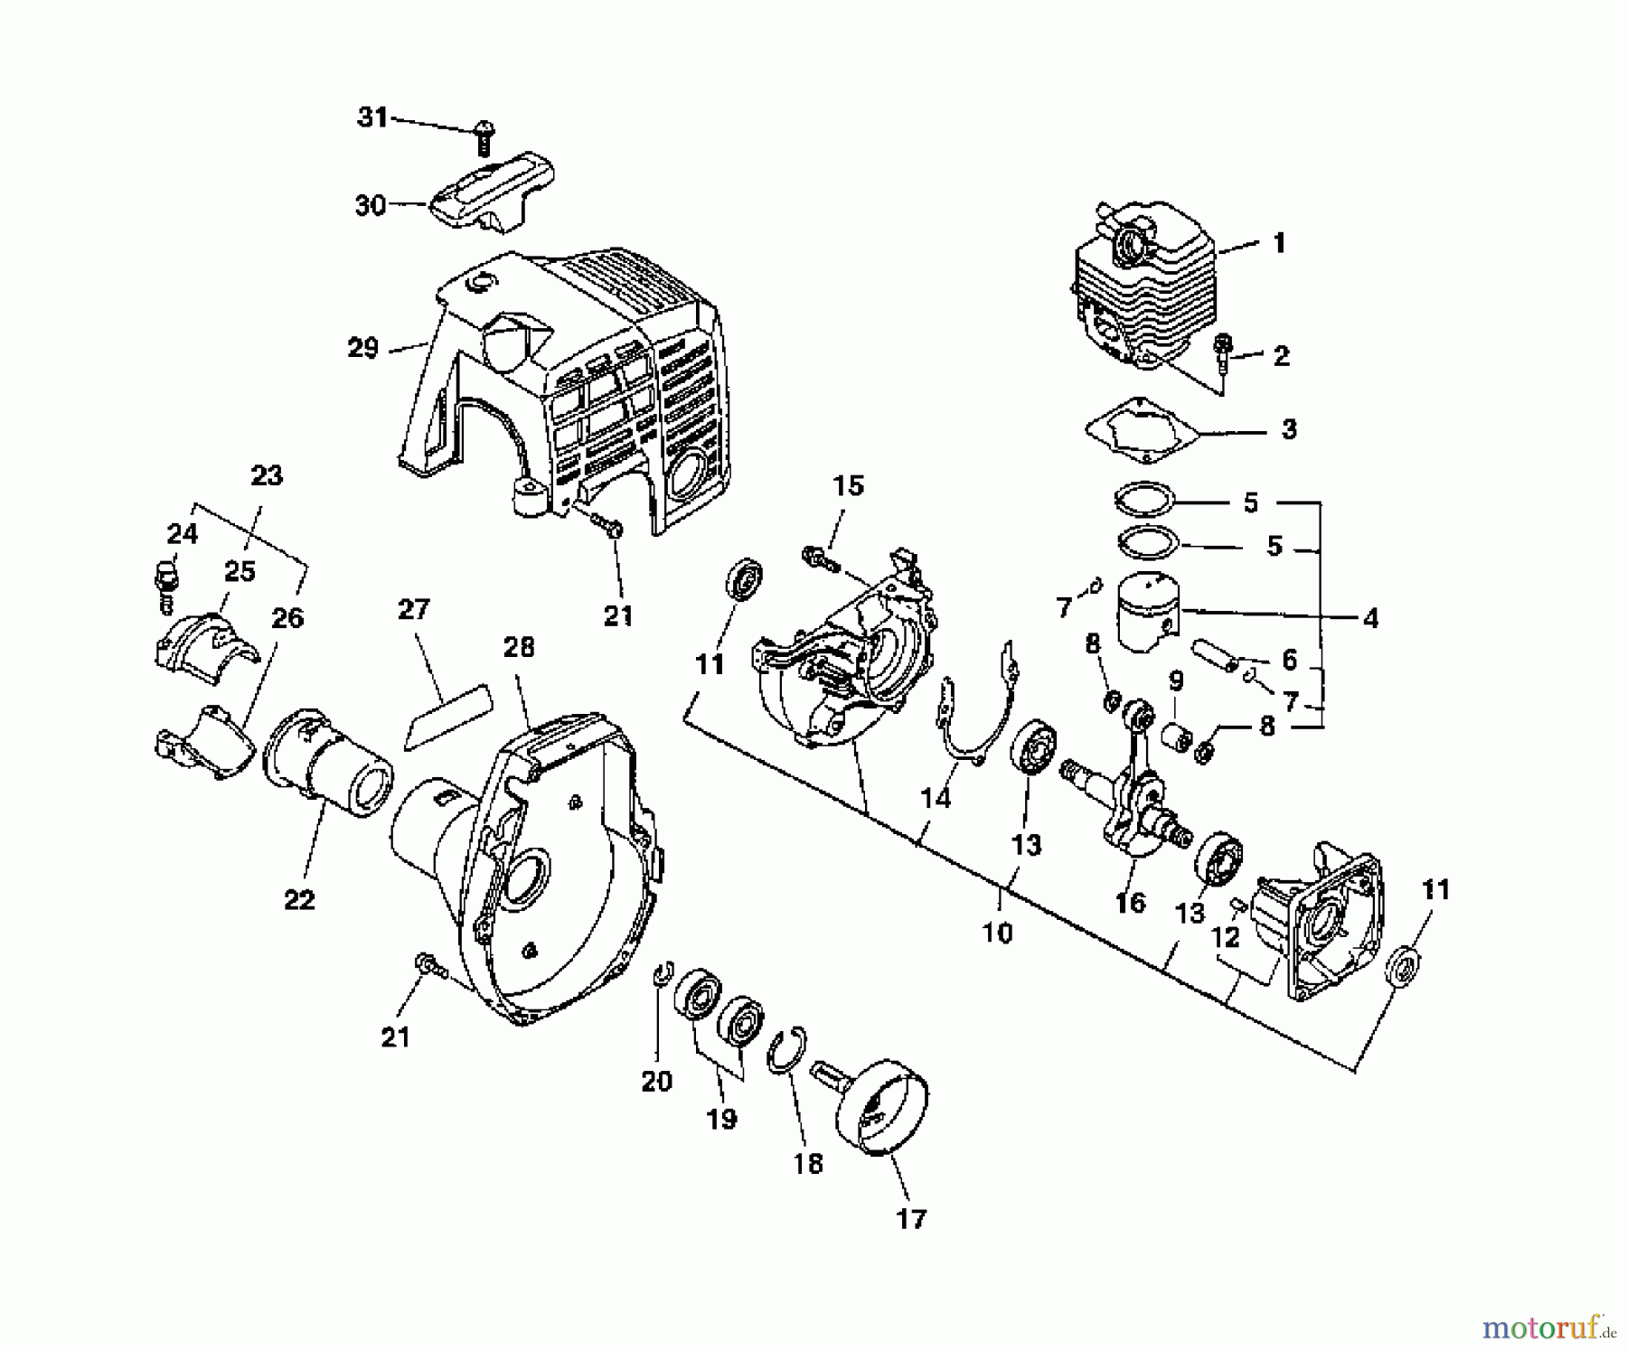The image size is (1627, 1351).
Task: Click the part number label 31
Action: coord(372,117)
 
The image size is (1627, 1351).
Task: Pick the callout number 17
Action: coord(911,1219)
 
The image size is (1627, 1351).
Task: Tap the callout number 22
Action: coord(299,900)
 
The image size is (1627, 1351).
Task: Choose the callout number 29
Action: coord(362,348)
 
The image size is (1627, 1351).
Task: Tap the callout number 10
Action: coord(997,933)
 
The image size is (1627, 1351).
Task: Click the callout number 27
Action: coord(413,609)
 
